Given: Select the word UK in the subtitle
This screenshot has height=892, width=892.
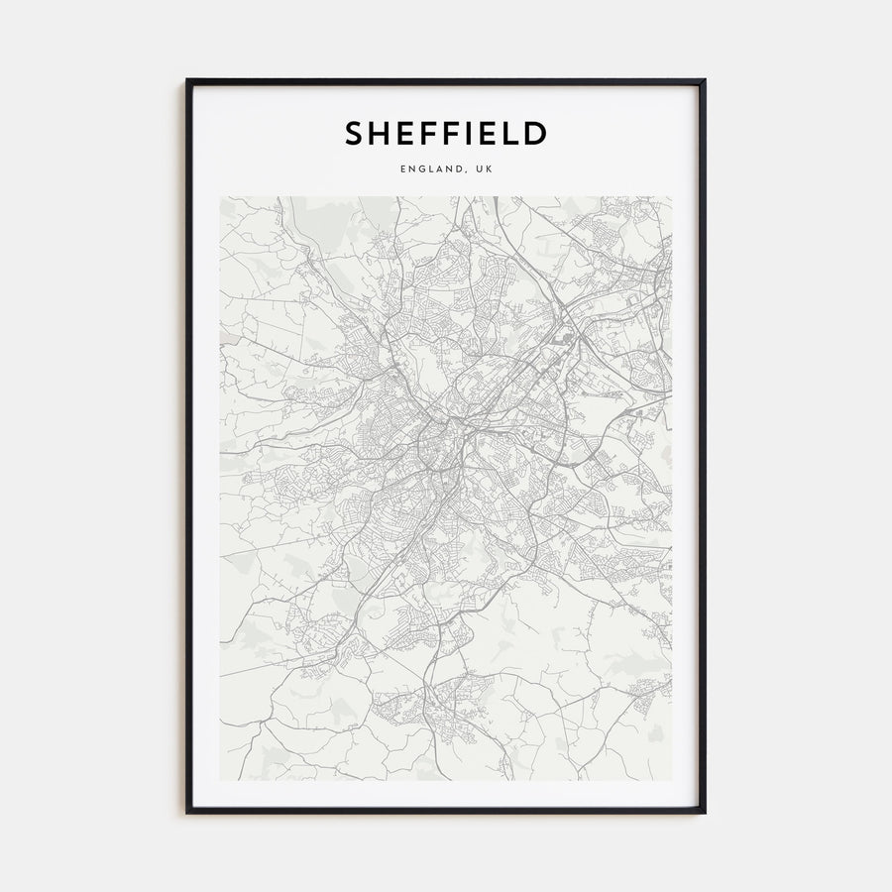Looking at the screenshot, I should pos(483,169).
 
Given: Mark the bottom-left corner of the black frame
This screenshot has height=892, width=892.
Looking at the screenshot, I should pos(187,812).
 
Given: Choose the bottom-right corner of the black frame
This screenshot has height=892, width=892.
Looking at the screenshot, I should pos(704,812).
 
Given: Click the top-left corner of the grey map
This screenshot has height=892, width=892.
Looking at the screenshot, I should pos(221,197).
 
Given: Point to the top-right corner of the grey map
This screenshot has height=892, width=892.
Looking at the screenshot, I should pos(671,197).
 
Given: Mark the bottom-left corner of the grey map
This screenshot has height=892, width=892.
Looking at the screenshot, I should pos(221,780).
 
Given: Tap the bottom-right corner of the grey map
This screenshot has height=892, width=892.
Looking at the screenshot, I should pos(671,780).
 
